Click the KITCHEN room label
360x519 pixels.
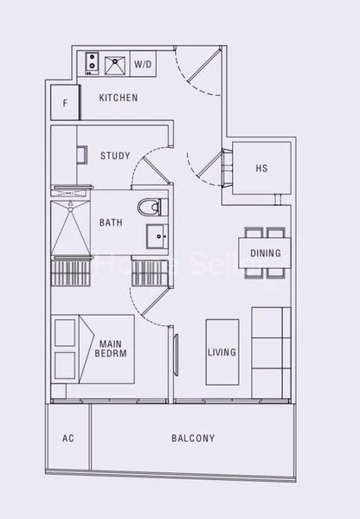[119, 98]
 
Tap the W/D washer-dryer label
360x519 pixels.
[142, 64]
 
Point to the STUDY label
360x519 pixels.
[115, 157]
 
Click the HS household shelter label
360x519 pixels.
[261, 169]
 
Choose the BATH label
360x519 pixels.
[111, 222]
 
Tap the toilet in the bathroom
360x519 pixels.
[150, 207]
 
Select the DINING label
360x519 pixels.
[265, 253]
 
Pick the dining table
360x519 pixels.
[265, 252]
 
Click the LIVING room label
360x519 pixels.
[222, 353]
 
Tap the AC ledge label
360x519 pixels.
[68, 439]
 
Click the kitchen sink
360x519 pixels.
[113, 63]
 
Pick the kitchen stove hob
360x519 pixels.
[89, 63]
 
